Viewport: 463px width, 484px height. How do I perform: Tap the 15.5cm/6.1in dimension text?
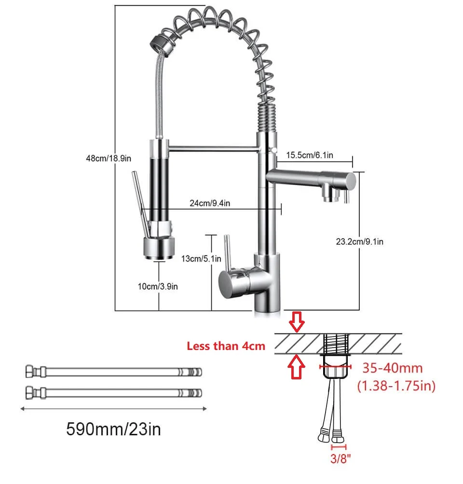tap(310, 155)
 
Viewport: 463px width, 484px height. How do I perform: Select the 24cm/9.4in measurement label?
tap(209, 203)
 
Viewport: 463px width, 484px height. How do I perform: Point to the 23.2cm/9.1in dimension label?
tap(359, 242)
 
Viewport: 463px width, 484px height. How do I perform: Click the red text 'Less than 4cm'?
tap(226, 346)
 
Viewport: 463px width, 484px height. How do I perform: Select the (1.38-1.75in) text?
tap(396, 386)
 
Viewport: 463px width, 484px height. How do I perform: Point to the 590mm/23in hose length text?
tap(113, 428)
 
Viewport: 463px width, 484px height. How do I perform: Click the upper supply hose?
tap(113, 372)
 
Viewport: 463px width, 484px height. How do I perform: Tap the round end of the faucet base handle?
tap(228, 282)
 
